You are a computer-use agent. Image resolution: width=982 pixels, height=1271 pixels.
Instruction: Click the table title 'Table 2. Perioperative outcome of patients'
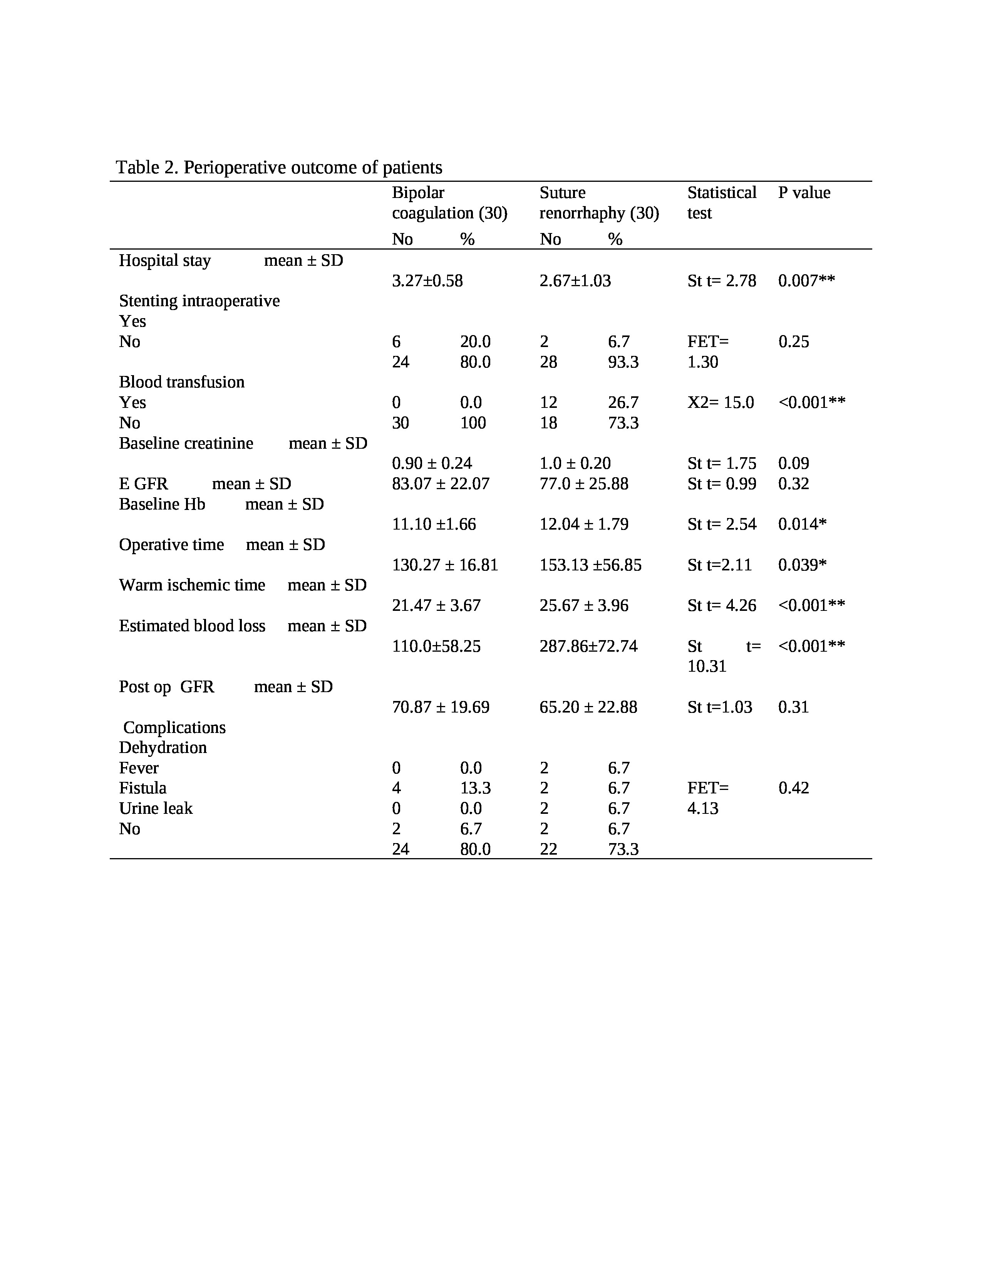point(279,168)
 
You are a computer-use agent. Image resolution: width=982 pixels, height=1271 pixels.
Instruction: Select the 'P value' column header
point(804,193)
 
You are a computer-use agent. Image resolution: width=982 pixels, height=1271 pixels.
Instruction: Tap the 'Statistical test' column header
point(721,203)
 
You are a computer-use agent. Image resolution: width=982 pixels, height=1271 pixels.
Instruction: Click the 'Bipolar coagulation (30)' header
point(449,203)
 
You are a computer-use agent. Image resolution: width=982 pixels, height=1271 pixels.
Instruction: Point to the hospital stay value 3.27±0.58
point(427,281)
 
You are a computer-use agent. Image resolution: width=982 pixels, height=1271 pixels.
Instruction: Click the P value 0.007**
point(806,281)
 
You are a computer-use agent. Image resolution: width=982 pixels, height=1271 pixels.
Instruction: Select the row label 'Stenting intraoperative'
point(199,301)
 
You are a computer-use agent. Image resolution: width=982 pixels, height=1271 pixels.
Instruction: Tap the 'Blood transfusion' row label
point(181,382)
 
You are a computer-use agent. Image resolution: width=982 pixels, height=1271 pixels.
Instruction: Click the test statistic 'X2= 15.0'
point(720,403)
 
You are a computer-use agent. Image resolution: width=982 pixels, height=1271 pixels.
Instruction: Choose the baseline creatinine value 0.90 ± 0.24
point(432,463)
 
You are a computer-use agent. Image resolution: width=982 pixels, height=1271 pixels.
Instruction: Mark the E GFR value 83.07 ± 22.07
point(441,484)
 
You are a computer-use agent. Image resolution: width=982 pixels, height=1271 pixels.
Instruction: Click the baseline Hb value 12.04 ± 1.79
point(583,524)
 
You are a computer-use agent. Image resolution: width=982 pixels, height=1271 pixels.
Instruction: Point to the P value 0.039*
point(802,565)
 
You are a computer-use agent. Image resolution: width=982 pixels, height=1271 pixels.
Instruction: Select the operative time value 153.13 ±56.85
point(590,565)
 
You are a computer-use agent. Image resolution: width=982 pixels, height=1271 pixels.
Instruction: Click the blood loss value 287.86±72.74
point(588,647)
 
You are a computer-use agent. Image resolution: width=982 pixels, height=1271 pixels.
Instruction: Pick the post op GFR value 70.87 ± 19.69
point(441,707)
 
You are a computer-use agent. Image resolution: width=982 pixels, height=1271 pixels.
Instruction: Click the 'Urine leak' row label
point(155,808)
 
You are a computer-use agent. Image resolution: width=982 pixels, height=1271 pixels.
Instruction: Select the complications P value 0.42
point(794,788)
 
